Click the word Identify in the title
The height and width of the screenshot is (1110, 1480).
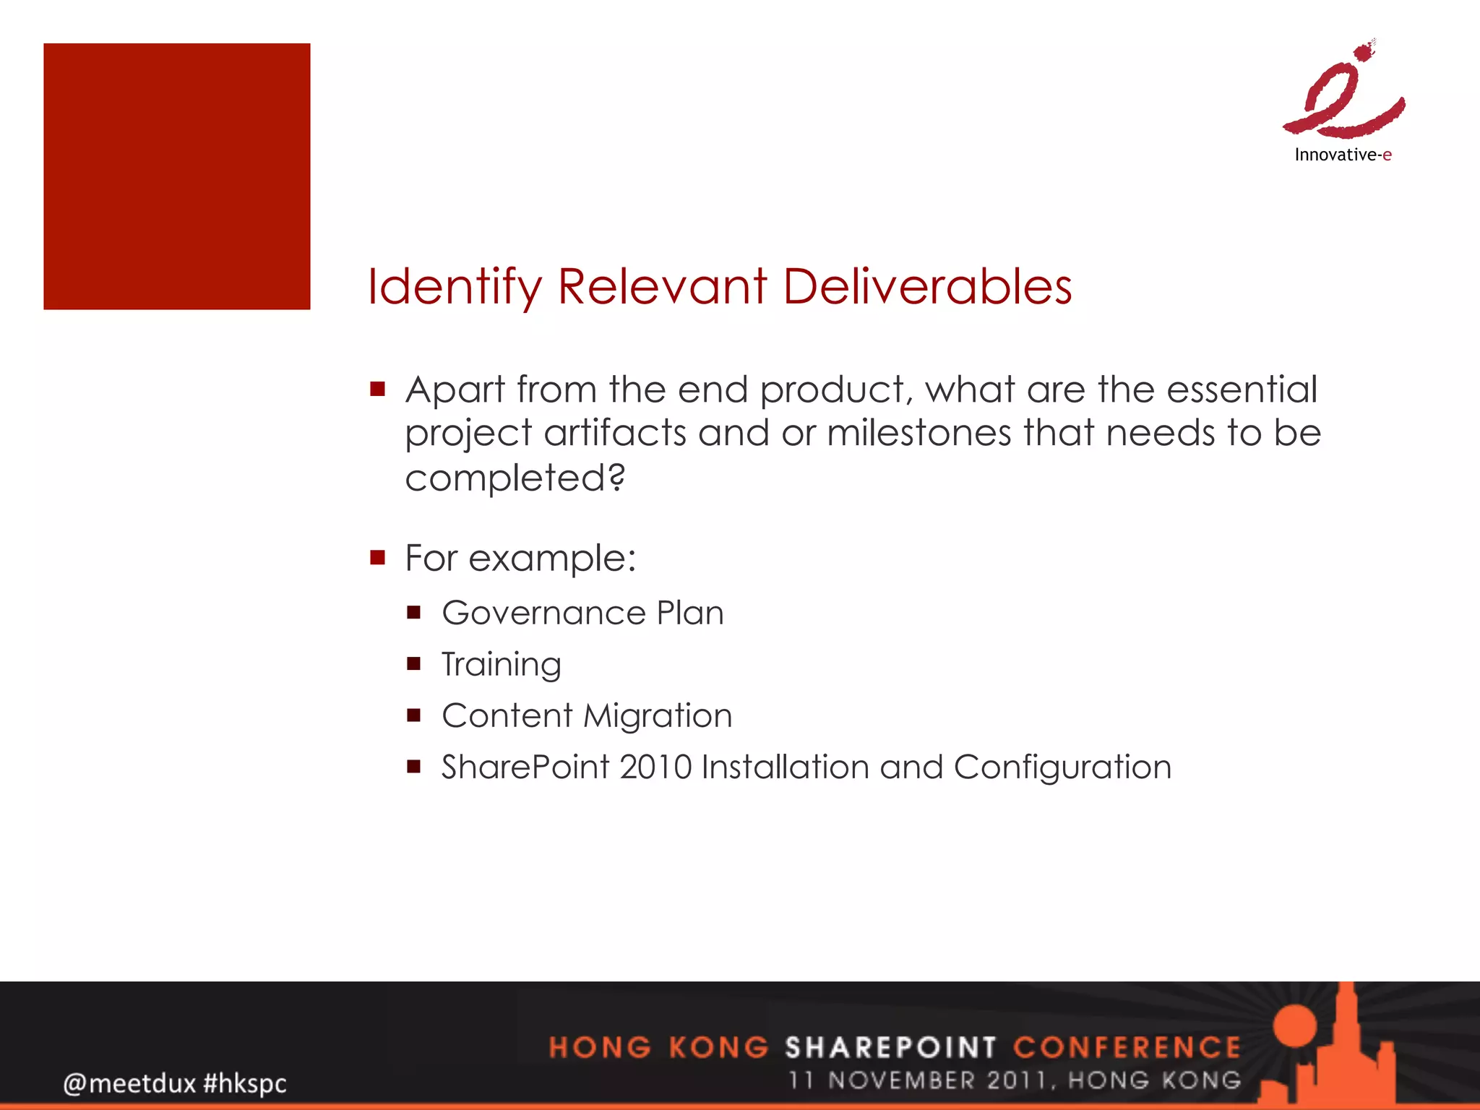click(455, 287)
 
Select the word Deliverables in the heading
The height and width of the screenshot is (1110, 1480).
click(927, 287)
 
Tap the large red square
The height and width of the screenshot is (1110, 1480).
click(177, 176)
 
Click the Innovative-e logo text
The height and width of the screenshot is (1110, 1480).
click(1343, 155)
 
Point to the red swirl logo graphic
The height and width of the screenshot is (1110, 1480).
click(1344, 94)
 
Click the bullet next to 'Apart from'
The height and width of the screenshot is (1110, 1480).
click(377, 390)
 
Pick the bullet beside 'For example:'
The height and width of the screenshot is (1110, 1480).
click(377, 557)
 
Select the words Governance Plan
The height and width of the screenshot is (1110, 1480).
click(582, 613)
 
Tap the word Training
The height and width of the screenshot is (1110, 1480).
click(502, 664)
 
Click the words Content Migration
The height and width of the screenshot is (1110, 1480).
click(587, 715)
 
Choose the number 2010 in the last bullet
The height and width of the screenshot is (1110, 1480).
click(655, 767)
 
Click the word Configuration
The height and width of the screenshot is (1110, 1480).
click(1062, 767)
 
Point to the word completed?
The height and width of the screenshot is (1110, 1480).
click(515, 478)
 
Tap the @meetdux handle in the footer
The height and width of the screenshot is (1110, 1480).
click(129, 1083)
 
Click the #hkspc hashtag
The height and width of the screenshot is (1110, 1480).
click(245, 1083)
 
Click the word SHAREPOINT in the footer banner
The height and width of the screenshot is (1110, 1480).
click(891, 1047)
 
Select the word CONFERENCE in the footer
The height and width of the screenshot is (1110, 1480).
click(1127, 1047)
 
